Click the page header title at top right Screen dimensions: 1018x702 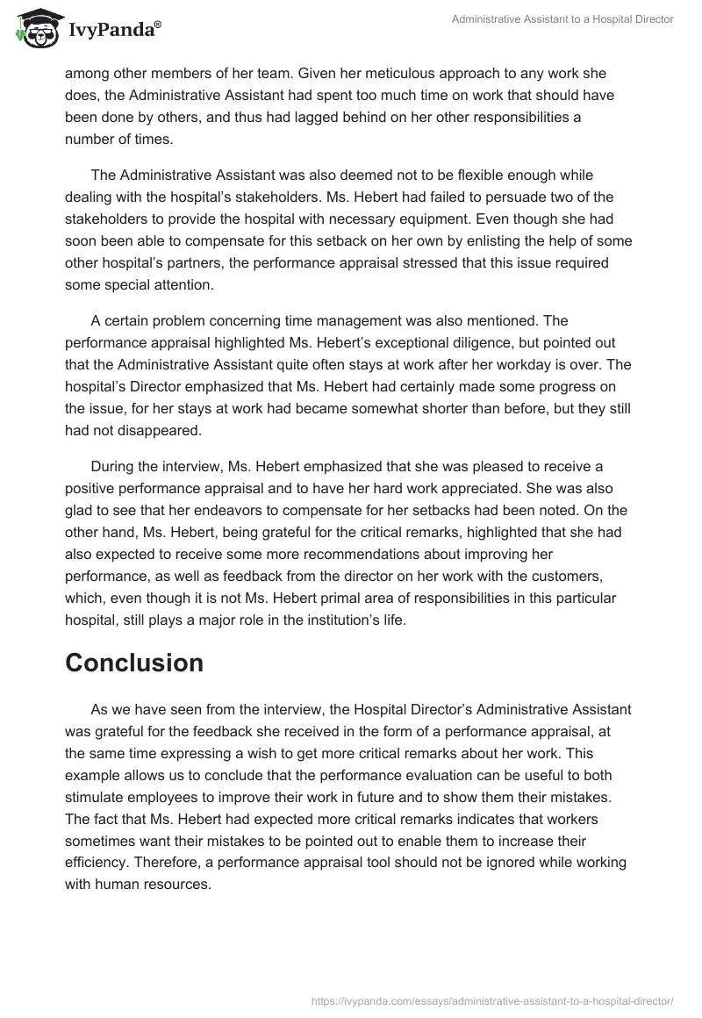(562, 19)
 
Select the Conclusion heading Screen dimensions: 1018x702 (134, 663)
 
